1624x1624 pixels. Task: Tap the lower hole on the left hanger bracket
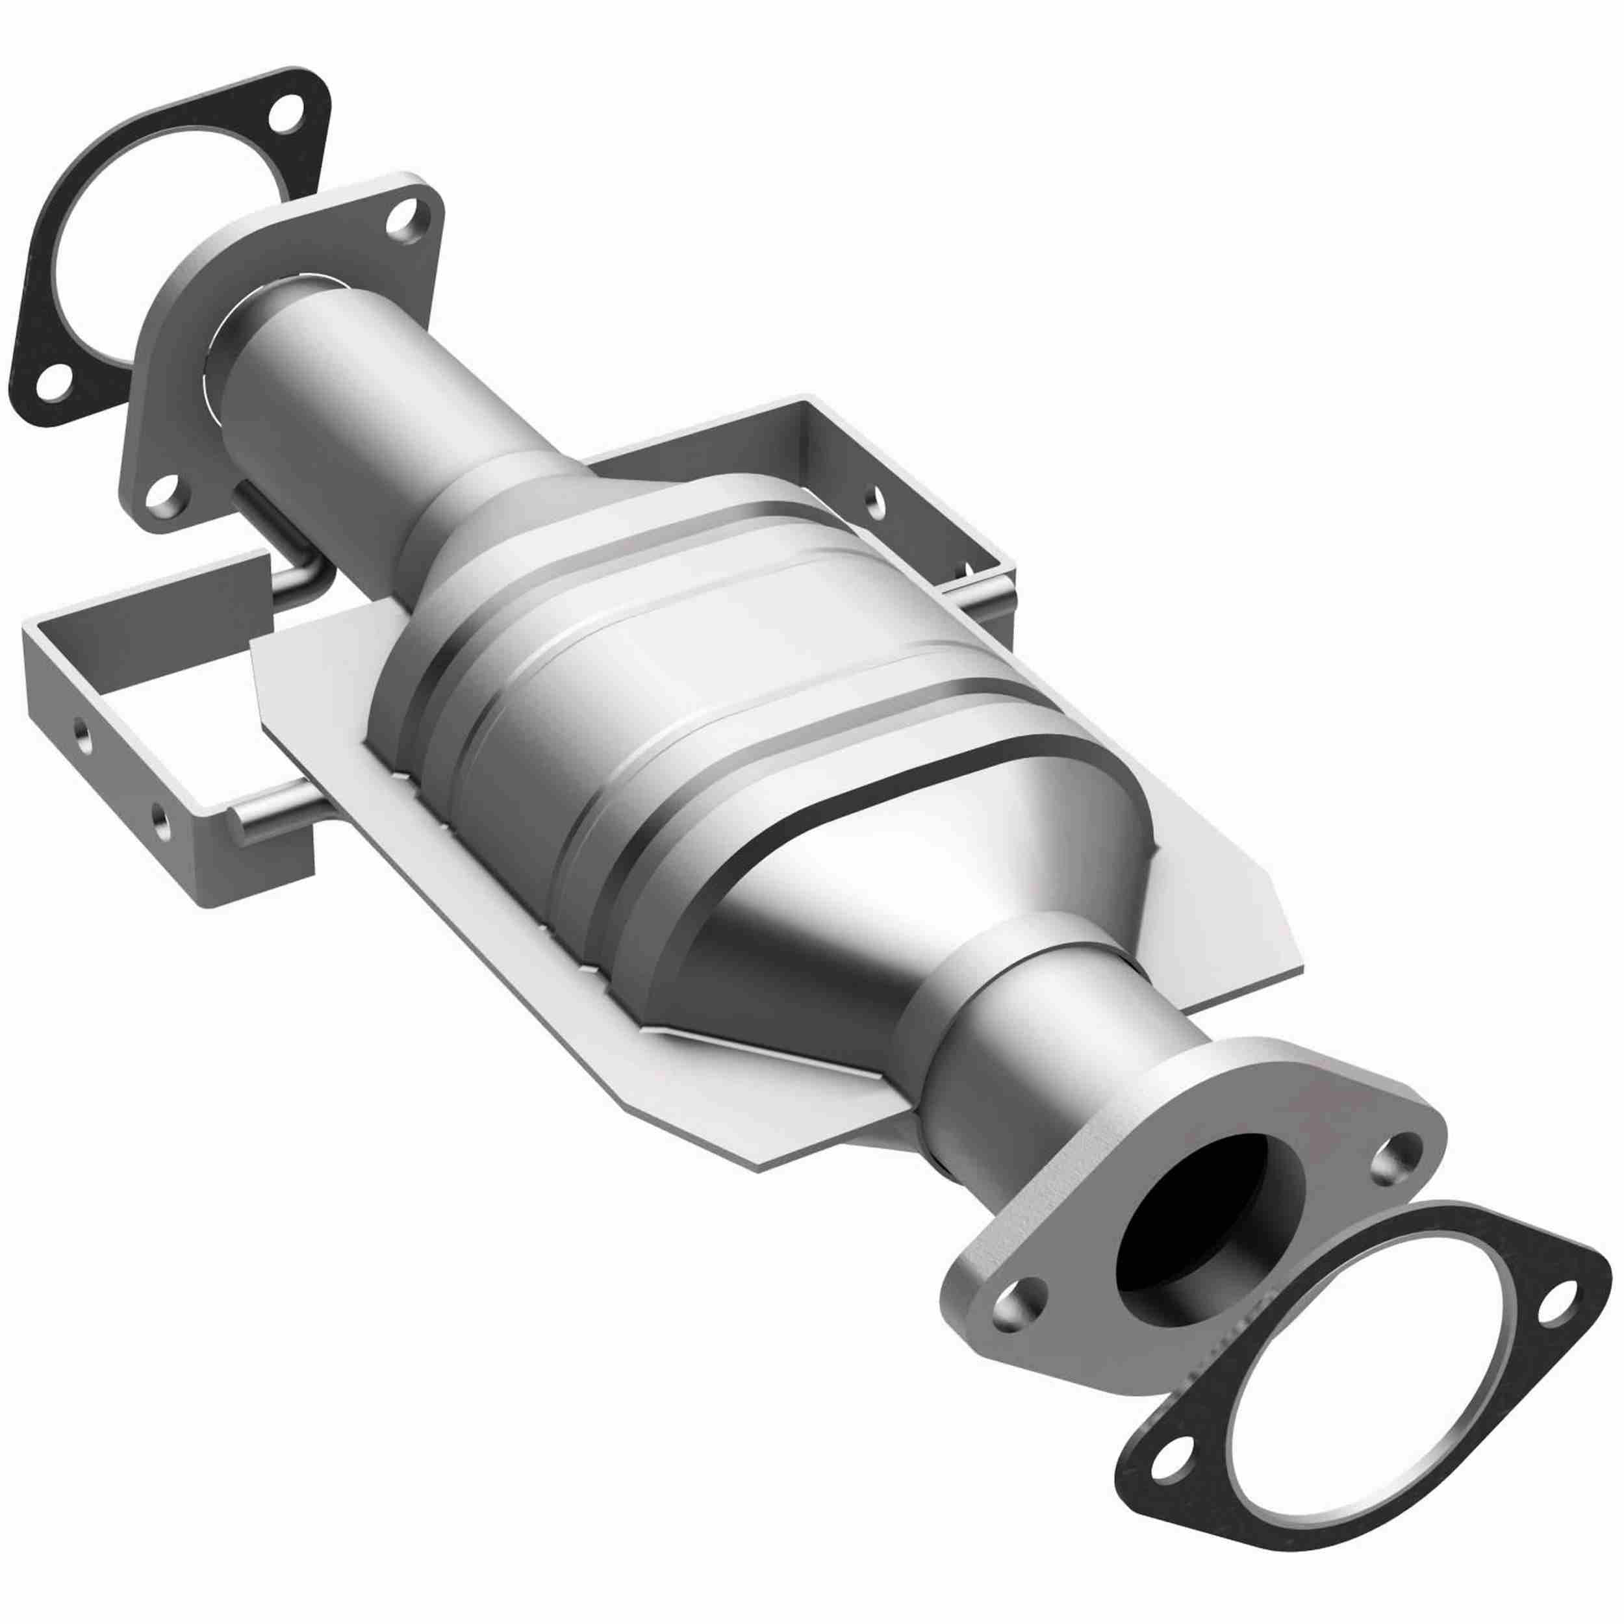click(x=159, y=814)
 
